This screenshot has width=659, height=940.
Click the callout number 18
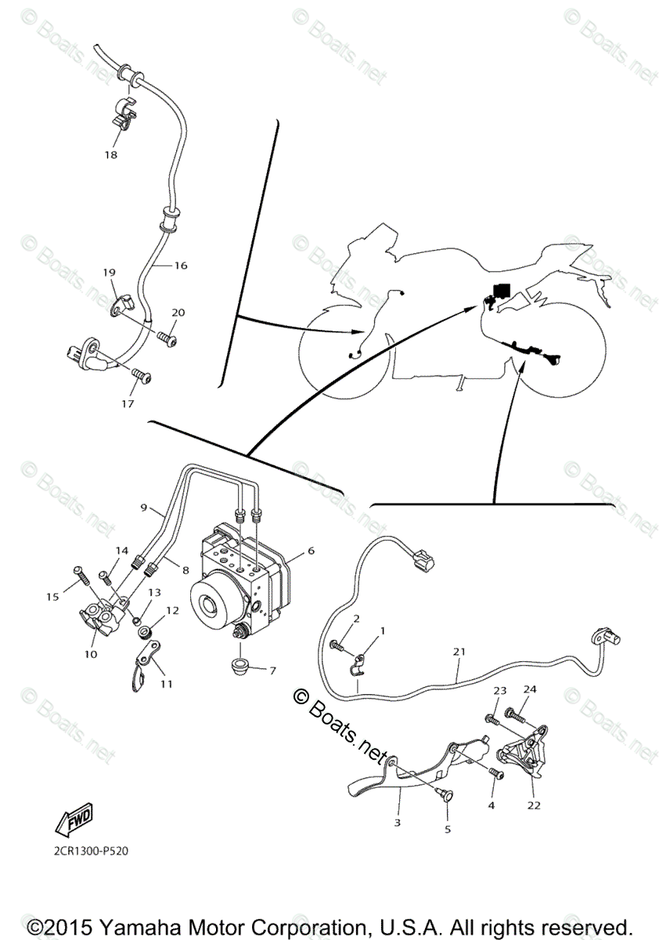[x=110, y=155]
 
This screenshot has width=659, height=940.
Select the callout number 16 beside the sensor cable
[x=181, y=266]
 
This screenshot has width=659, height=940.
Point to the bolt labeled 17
[x=142, y=376]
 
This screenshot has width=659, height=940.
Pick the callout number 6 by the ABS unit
[x=311, y=551]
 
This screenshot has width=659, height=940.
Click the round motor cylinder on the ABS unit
[x=210, y=606]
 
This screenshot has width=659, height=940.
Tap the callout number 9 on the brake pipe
[x=144, y=508]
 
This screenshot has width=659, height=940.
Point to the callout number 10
[x=91, y=654]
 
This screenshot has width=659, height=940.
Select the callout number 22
[x=535, y=804]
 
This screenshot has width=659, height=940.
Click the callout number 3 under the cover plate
[x=398, y=822]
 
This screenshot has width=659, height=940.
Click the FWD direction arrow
[x=72, y=822]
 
